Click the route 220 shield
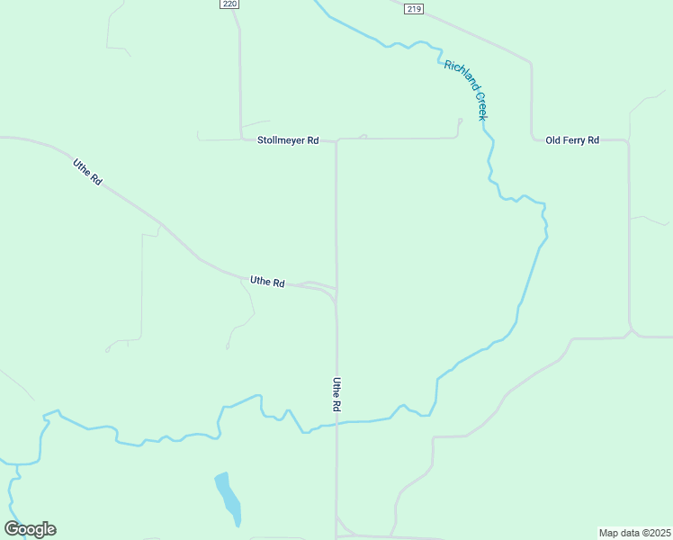pos(229,4)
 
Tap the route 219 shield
pos(413,9)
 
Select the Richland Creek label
pos(465,90)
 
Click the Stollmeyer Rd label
pos(288,140)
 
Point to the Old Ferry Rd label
pos(572,140)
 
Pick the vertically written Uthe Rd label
pos(336,394)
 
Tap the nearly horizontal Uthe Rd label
pos(267,282)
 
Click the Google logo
pos(30,529)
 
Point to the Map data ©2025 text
pos(635,533)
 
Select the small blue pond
pos(228,498)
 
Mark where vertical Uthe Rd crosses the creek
pos(336,423)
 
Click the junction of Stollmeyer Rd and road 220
pos(241,139)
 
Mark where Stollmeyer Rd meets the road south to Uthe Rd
pos(336,140)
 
